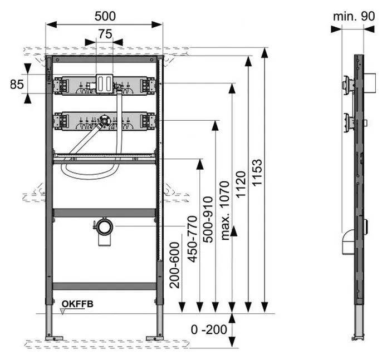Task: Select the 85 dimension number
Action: coord(17,85)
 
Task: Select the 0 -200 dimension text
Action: coord(208,329)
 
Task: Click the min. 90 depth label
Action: coord(354,16)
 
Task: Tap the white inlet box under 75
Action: coord(104,83)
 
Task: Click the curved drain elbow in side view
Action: coord(346,242)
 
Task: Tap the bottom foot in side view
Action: coord(356,336)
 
